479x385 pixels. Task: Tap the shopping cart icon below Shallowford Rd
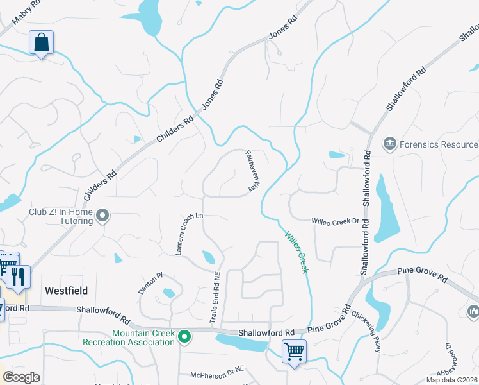point(294,351)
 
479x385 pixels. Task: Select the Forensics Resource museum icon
point(389,144)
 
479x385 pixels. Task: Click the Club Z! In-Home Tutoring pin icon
point(102,216)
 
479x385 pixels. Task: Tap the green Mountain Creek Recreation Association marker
point(184,336)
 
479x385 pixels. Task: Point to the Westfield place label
point(66,290)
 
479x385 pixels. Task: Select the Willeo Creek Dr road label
point(335,221)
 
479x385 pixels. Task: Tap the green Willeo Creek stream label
point(296,252)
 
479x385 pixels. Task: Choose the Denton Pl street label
point(151,283)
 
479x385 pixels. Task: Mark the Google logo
point(21,377)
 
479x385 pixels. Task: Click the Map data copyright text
point(452,380)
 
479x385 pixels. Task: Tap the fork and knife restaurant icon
point(19,277)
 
